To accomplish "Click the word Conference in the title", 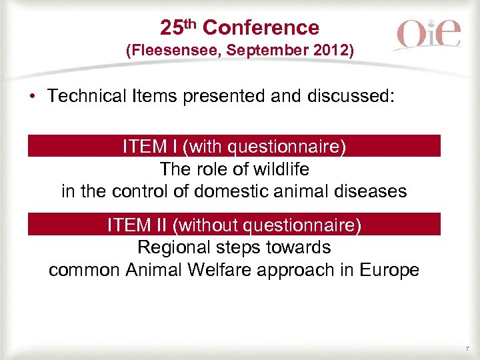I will [x=261, y=28].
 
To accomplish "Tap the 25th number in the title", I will [x=179, y=27].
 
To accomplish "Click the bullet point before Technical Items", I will [x=31, y=96].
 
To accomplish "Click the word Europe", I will [x=390, y=270].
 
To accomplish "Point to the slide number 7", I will [x=467, y=349].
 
